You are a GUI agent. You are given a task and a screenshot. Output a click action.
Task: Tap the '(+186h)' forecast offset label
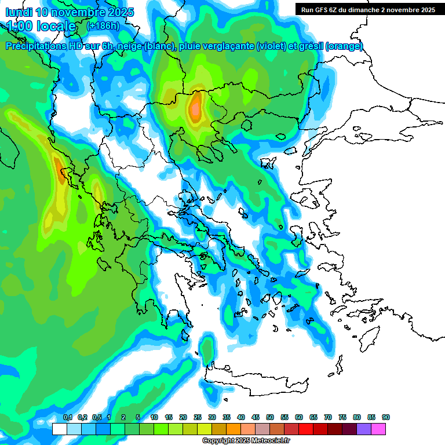103,26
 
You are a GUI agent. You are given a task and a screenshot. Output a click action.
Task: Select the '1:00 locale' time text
42,26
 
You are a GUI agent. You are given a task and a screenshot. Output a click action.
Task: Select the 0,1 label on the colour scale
67,418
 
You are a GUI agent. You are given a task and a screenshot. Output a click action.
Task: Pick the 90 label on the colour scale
385,418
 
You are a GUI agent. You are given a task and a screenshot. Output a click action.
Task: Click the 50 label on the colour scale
270,418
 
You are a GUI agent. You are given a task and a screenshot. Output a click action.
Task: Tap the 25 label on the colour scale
198,418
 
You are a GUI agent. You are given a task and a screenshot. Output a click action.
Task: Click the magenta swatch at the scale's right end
378,429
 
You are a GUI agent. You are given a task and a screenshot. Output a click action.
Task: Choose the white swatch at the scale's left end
59,429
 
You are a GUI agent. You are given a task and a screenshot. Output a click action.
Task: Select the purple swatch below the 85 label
364,429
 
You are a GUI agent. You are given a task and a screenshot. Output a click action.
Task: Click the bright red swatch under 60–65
306,429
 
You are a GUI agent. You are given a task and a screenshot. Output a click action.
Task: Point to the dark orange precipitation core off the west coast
61,171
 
